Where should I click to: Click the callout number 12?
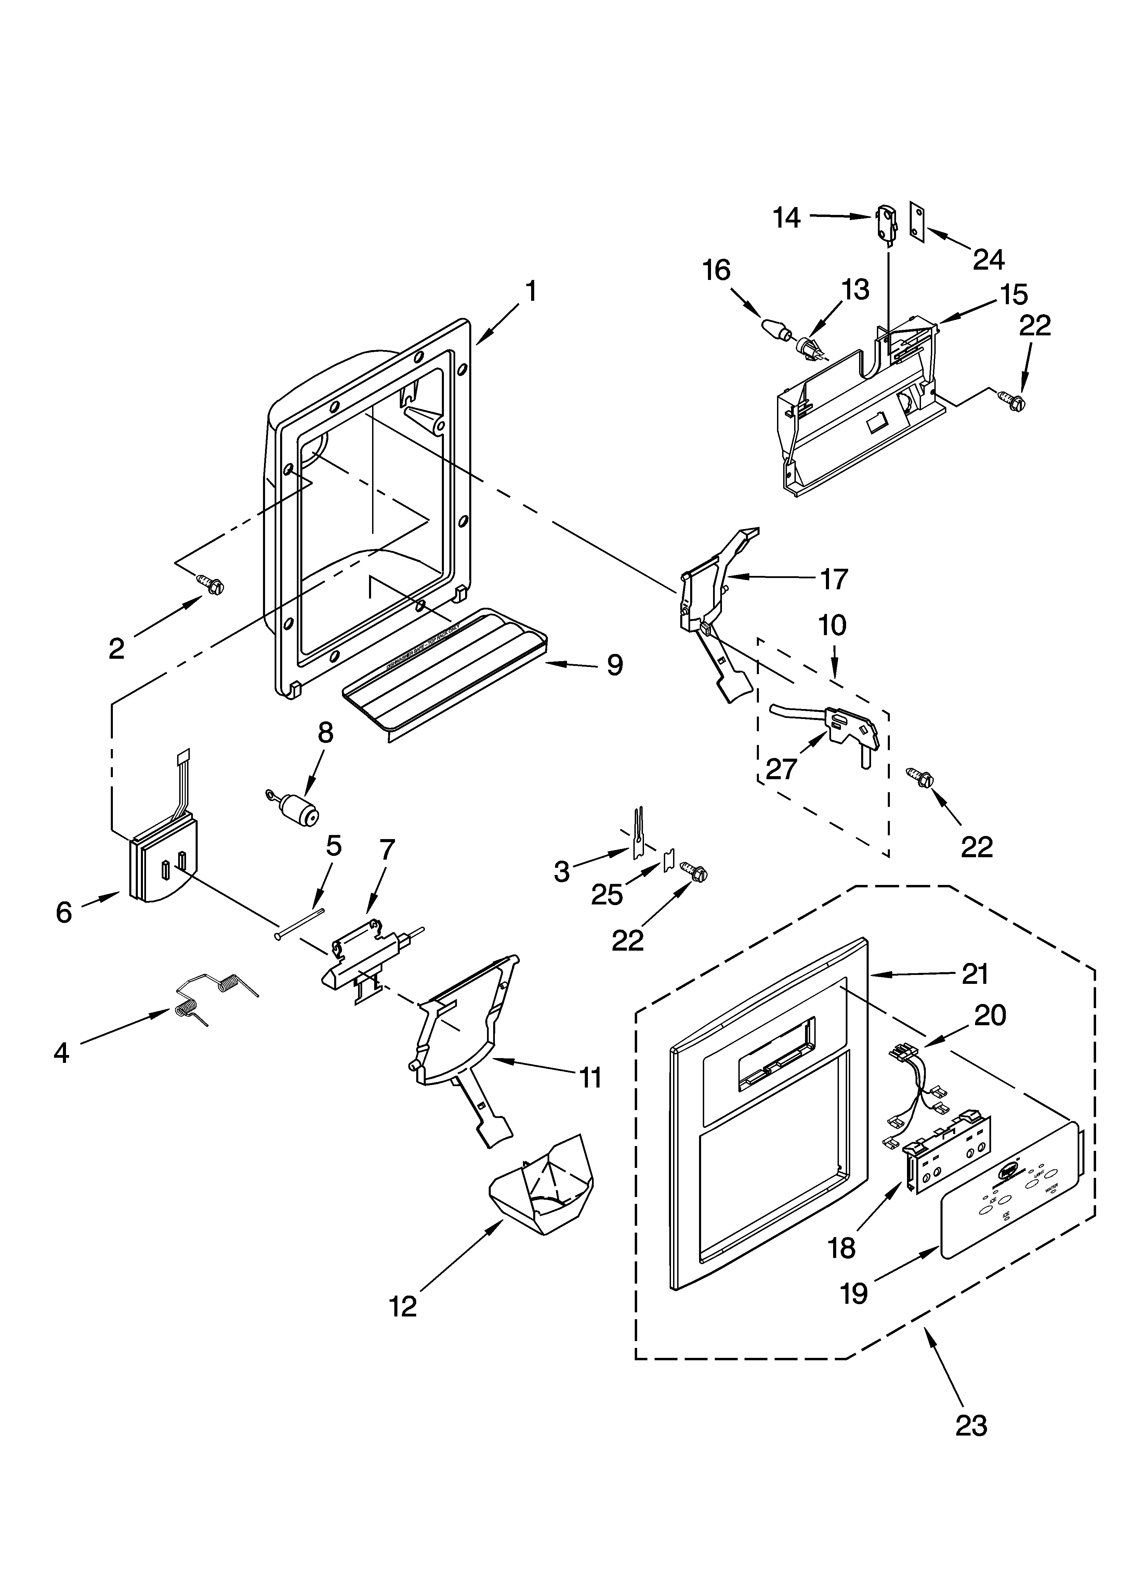(x=403, y=1306)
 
